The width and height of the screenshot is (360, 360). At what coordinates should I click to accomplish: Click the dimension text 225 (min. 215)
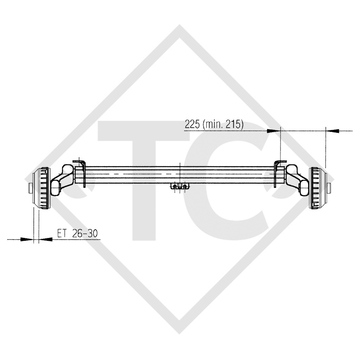214,124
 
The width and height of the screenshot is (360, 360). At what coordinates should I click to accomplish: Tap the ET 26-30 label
77,233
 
